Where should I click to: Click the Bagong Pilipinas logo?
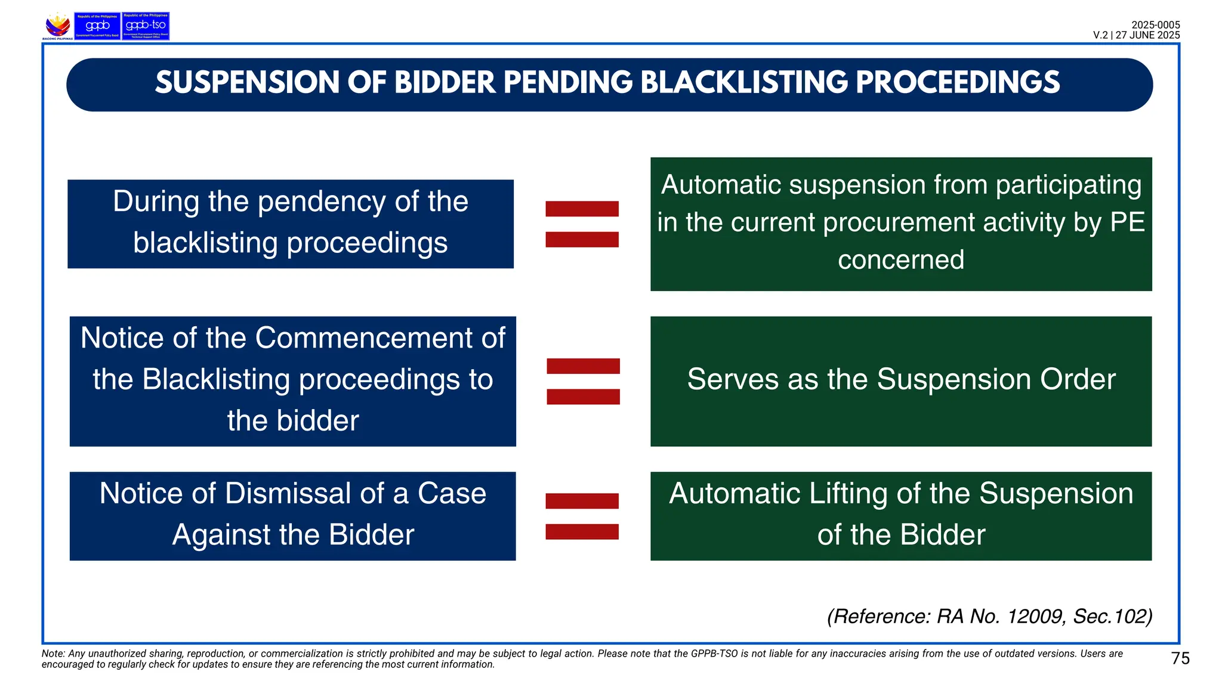(x=58, y=26)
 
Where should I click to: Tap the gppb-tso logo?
(x=146, y=26)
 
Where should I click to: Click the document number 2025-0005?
(x=1155, y=25)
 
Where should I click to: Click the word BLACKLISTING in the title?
(x=743, y=83)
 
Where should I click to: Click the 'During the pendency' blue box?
(x=291, y=224)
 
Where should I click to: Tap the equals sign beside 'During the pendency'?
(x=582, y=224)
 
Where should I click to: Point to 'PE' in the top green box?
(x=1127, y=222)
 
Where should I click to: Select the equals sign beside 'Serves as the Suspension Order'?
(x=583, y=382)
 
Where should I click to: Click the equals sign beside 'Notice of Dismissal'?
(x=582, y=516)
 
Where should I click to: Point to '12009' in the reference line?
(x=1036, y=616)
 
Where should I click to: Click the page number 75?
(x=1180, y=658)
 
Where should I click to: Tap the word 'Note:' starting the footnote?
(x=53, y=654)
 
